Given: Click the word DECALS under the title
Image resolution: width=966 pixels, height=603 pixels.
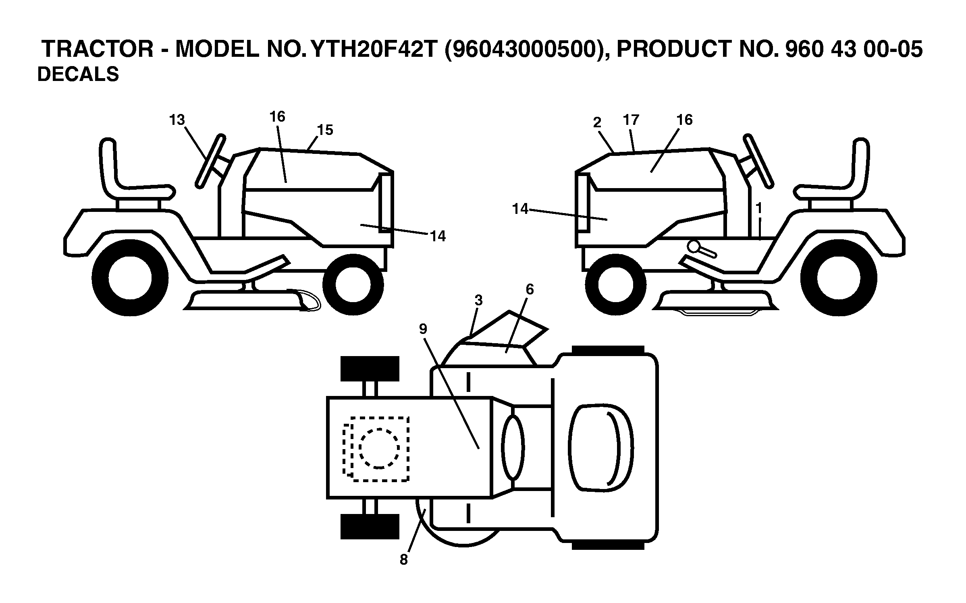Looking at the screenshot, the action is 78,75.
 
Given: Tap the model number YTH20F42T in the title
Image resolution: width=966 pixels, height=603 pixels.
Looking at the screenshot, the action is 374,50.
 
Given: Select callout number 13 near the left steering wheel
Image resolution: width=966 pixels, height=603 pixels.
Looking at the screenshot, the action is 177,120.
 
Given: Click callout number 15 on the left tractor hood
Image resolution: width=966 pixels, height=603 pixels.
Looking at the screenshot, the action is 325,130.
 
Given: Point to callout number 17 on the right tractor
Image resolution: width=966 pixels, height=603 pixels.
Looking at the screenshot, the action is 631,120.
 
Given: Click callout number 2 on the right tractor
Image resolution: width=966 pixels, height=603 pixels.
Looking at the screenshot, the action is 597,122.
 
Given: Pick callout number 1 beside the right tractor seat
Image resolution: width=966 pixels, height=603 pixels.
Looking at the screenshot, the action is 759,208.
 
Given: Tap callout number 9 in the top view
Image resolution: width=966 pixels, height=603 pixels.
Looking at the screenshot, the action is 423,329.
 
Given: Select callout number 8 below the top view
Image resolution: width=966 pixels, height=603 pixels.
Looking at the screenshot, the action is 404,559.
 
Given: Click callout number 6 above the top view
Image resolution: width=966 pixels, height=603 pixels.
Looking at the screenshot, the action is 530,289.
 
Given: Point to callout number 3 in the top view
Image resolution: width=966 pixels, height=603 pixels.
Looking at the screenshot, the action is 478,300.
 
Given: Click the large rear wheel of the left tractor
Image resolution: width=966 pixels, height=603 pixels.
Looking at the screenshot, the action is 130,278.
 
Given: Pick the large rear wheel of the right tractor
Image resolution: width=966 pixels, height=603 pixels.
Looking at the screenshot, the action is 839,278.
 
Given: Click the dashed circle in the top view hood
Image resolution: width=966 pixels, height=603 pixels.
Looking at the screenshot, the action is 379,448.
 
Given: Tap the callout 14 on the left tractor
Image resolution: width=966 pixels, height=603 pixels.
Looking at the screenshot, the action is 438,236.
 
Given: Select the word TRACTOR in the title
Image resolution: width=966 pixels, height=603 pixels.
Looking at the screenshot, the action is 98,50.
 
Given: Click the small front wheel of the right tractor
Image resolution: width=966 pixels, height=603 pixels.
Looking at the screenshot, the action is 616,285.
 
